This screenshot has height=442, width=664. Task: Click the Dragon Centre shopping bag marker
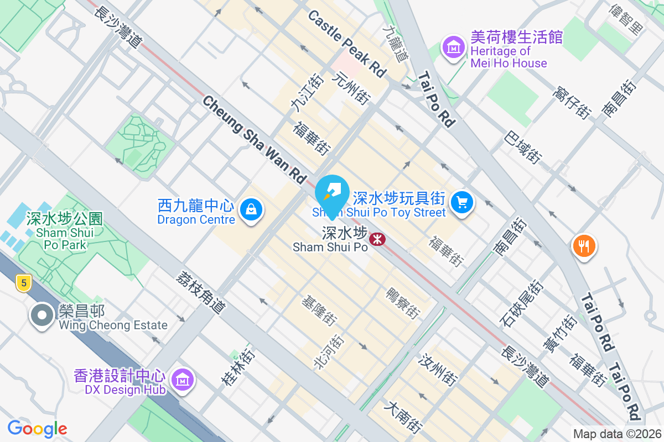coord(251,210)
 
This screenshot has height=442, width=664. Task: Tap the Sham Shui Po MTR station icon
coord(378,239)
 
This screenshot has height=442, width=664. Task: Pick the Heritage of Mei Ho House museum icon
coord(454,48)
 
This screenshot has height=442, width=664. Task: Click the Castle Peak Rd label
coord(346,44)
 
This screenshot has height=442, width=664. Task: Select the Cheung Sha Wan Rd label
coord(254,139)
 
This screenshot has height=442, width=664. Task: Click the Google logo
coord(37,428)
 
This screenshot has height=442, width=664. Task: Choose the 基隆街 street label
coord(319,310)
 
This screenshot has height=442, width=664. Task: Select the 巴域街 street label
coord(522,147)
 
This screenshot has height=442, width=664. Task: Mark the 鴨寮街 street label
coord(402,303)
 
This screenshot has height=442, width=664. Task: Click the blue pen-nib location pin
coord(331,190)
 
